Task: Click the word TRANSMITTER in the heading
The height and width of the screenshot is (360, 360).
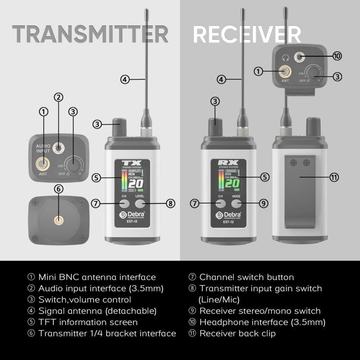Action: point(90,35)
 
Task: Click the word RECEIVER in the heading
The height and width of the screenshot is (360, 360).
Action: point(247,35)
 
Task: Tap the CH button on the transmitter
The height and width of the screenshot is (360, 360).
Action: point(124,203)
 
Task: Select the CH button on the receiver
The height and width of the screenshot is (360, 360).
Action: point(221,203)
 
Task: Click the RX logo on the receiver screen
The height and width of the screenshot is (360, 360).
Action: point(228,163)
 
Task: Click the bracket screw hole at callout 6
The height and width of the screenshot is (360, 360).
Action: point(59,220)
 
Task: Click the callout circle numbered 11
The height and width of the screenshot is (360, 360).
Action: point(335,177)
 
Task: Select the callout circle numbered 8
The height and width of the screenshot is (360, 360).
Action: point(170,203)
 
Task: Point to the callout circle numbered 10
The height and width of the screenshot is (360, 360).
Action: point(337,56)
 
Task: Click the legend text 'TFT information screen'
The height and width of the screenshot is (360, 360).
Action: point(88,322)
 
